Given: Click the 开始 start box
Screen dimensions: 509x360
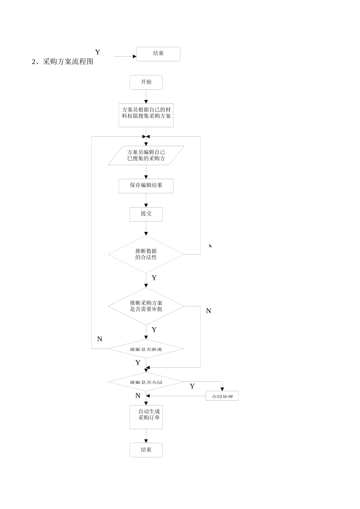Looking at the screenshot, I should point(146,82).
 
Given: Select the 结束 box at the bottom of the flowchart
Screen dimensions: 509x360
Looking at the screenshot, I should point(146,450).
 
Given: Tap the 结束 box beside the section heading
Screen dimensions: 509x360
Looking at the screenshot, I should point(158,54).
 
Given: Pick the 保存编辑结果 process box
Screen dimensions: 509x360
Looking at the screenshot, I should point(146,186).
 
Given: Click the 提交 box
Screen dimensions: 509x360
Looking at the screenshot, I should point(146,214).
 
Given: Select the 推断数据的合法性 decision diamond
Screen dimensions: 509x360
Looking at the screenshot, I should point(146,254).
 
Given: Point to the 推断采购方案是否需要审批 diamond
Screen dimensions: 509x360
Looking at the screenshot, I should point(146,306).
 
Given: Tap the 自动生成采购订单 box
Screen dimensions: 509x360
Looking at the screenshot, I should point(146,417).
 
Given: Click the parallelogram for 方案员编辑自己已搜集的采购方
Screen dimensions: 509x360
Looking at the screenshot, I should point(146,155).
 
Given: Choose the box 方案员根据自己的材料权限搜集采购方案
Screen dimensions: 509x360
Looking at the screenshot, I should point(146,115).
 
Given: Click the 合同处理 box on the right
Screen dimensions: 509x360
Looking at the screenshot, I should point(222,396).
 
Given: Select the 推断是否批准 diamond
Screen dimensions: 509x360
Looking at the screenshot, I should point(146,348).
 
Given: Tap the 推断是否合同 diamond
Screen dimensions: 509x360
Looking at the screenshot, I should point(146,382).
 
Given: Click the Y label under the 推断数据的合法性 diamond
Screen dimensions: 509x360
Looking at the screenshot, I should point(154,278).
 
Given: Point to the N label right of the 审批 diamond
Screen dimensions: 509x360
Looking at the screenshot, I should point(208,311).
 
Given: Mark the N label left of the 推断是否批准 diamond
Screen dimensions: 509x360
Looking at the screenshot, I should point(100,339).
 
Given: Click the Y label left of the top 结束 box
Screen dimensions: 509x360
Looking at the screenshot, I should point(97,52).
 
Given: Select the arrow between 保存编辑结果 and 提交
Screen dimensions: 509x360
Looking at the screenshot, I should point(146,200).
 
